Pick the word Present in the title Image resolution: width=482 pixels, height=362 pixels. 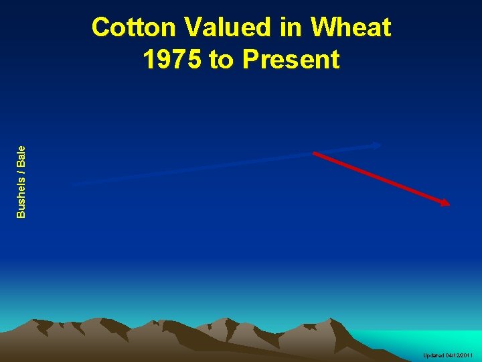point(291,60)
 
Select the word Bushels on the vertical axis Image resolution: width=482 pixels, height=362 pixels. point(21,196)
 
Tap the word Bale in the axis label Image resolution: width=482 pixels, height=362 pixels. point(21,156)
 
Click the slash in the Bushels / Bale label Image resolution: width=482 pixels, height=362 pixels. point(21,172)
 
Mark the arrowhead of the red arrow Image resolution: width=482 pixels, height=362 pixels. point(447,203)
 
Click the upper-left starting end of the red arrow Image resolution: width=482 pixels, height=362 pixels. point(315,153)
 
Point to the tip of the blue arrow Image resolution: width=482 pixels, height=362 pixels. point(380,144)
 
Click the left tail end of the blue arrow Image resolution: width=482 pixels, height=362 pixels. point(74,182)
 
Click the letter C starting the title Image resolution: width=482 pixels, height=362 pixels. point(101,28)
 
